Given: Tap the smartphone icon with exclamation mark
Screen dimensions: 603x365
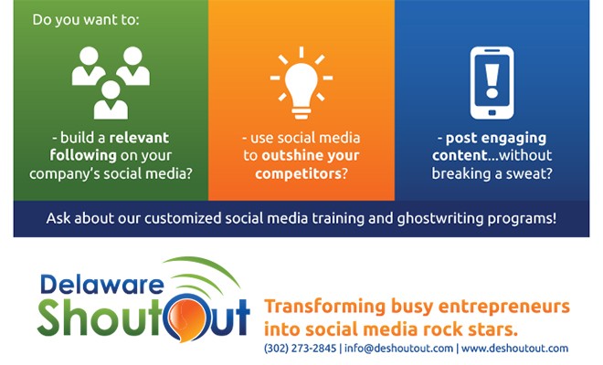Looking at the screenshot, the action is pyautogui.click(x=492, y=83).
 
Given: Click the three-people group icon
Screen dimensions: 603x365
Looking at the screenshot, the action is pyautogui.click(x=111, y=83).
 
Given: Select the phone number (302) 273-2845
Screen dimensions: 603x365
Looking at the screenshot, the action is pyautogui.click(x=300, y=349).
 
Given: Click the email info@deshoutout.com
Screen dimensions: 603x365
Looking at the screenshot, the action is pyautogui.click(x=398, y=349).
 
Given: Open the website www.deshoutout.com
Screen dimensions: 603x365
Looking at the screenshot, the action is pyautogui.click(x=514, y=349).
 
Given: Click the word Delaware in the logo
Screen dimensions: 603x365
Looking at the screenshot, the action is pyautogui.click(x=102, y=285).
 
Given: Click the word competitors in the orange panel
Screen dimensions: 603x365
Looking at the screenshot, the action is pyautogui.click(x=298, y=173).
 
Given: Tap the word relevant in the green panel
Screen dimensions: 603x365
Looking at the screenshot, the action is pyautogui.click(x=139, y=138).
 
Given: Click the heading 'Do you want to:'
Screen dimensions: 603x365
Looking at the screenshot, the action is pyautogui.click(x=86, y=19).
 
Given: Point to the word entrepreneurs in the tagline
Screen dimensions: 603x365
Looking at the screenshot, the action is pyautogui.click(x=504, y=307).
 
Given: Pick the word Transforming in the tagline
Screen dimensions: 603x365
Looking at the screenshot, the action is pyautogui.click(x=325, y=307).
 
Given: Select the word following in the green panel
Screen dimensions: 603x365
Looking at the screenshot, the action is pyautogui.click(x=83, y=156).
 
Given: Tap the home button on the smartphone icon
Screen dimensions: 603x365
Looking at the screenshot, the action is pyautogui.click(x=492, y=112).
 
